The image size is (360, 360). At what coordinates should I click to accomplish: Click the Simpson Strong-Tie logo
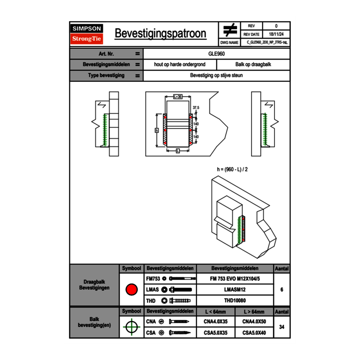pos(87,34)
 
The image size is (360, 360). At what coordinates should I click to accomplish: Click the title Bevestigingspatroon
pos(160,34)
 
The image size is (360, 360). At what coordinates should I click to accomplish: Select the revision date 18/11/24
pos(276,34)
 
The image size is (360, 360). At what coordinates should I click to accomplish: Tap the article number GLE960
pos(216,54)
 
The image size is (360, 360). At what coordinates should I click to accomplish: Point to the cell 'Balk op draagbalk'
pos(253,65)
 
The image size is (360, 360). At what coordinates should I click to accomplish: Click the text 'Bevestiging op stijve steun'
pos(216,76)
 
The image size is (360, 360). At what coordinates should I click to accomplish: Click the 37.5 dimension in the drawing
pos(196,108)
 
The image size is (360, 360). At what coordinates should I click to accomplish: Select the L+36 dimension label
pos(177,97)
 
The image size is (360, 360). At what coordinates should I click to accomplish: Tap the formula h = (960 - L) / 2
pos(232,169)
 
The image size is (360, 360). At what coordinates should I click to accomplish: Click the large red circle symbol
pos(131,290)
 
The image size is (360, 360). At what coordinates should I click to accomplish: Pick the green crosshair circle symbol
pos(131,327)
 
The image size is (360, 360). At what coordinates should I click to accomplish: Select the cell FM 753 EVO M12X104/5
pos(235,279)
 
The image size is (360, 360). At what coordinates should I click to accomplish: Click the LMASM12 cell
pos(235,290)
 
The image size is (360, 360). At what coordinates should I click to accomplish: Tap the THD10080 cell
pos(235,301)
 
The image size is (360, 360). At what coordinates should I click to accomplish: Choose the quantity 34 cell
pos(282,327)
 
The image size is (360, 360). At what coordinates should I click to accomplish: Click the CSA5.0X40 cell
pos(254,333)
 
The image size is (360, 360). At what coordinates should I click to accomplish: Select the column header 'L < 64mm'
pos(216,312)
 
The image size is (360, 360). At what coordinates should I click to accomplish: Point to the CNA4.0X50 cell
pos(254,322)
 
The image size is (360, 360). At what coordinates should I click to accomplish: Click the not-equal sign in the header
pos(230,30)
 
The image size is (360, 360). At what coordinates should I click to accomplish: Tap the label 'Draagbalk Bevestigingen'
pos(94,285)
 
